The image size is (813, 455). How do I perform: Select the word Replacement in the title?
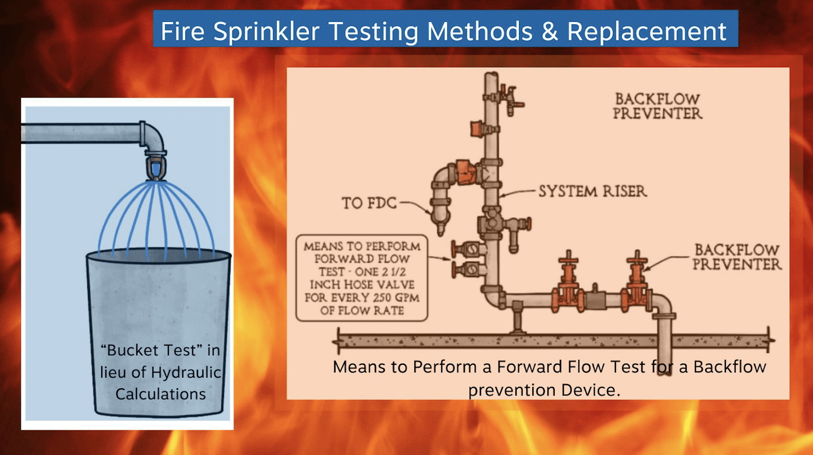coord(647,32)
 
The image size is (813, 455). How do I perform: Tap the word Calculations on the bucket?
coord(160,393)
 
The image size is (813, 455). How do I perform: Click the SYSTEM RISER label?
coord(592,191)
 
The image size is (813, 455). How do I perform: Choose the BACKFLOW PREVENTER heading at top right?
coord(657,106)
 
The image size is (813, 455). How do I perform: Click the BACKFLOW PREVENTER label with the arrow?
coord(736,256)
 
